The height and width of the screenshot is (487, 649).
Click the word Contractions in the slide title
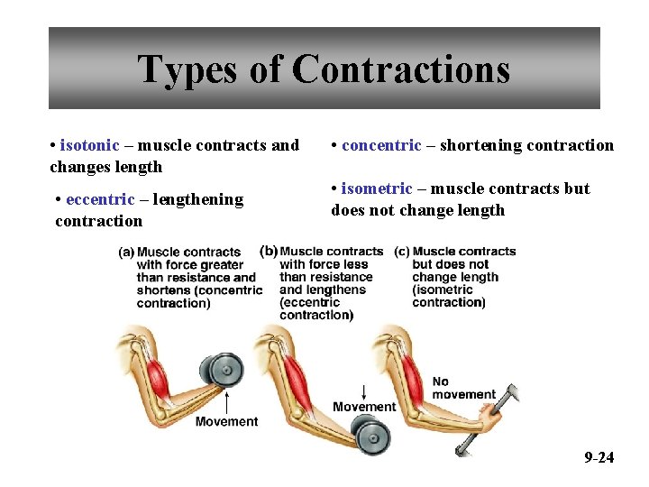401,69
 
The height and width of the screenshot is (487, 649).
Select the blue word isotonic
89,145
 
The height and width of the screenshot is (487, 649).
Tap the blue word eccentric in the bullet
100,199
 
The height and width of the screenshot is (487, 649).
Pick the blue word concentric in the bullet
381,145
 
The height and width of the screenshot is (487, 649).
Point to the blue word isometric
377,188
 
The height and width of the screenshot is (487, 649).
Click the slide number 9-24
599,457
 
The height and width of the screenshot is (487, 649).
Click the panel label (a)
126,253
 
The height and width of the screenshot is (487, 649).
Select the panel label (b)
269,251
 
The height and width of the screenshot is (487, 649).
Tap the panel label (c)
401,251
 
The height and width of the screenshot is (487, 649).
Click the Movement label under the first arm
226,421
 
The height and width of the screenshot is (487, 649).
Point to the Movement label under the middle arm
364,407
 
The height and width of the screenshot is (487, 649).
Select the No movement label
463,388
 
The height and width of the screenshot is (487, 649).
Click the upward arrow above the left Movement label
226,400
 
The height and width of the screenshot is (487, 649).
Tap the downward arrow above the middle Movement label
363,391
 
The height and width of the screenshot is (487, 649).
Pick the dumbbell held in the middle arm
371,436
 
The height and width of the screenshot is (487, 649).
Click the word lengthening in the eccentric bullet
198,199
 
